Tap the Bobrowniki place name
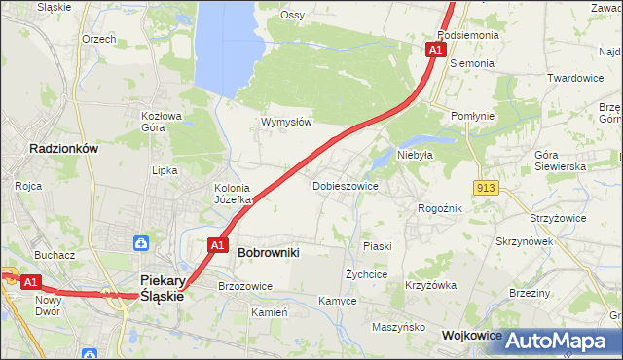click(x=268, y=252)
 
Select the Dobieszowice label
click(x=345, y=185)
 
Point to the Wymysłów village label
click(x=285, y=122)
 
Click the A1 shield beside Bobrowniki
click(x=218, y=245)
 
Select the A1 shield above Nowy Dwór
click(x=30, y=282)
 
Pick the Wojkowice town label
click(x=472, y=335)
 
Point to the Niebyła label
click(x=415, y=154)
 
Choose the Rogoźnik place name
click(x=439, y=208)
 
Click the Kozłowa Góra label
click(x=162, y=121)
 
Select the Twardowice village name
click(x=576, y=78)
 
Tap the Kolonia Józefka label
click(x=233, y=194)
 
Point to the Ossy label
click(x=292, y=15)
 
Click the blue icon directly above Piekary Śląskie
click(x=141, y=242)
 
